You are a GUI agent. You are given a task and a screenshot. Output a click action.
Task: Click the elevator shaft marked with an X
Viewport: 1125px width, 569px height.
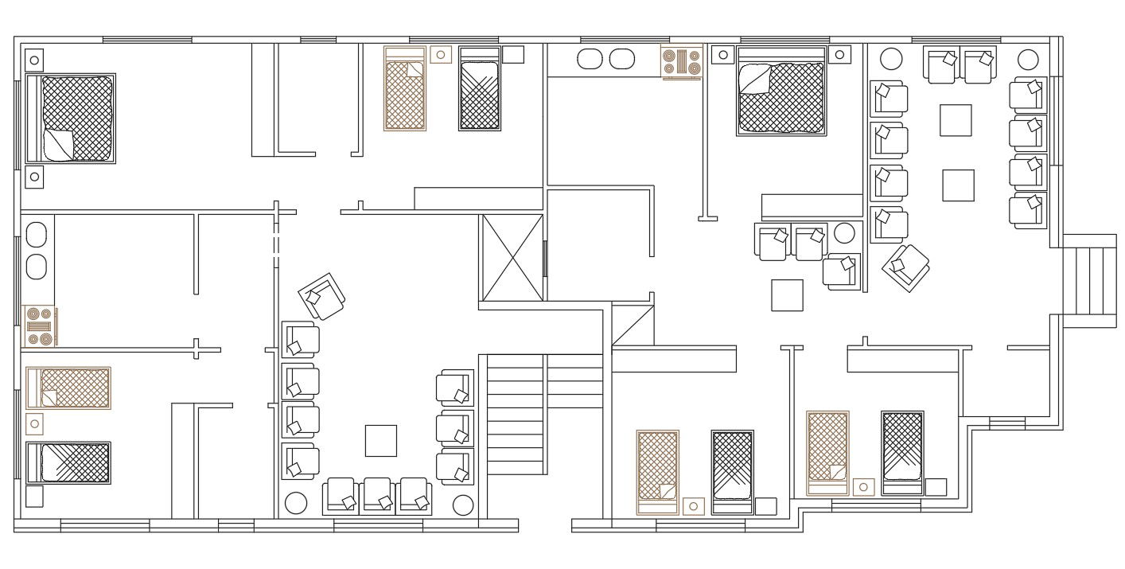coord(512,258)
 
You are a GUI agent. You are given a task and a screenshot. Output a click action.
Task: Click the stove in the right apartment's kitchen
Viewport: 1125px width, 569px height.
coord(682,62)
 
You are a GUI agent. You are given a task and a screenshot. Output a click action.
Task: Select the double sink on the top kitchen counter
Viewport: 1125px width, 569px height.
coord(606,59)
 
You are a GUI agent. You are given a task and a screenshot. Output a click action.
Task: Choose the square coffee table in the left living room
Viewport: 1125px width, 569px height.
coord(380,440)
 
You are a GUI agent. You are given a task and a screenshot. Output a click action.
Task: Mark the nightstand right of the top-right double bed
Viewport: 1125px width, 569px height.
coord(839,54)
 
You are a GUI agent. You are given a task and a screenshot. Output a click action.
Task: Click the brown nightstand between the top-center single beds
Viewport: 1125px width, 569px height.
coord(440,54)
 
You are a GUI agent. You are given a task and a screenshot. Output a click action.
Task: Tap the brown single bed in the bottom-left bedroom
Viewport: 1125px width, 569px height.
coord(68,388)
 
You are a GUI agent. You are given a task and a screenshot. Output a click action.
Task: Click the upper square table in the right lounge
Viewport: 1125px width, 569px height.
coord(955,120)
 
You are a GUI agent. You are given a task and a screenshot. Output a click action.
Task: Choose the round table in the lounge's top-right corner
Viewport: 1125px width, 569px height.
coord(1028,59)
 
